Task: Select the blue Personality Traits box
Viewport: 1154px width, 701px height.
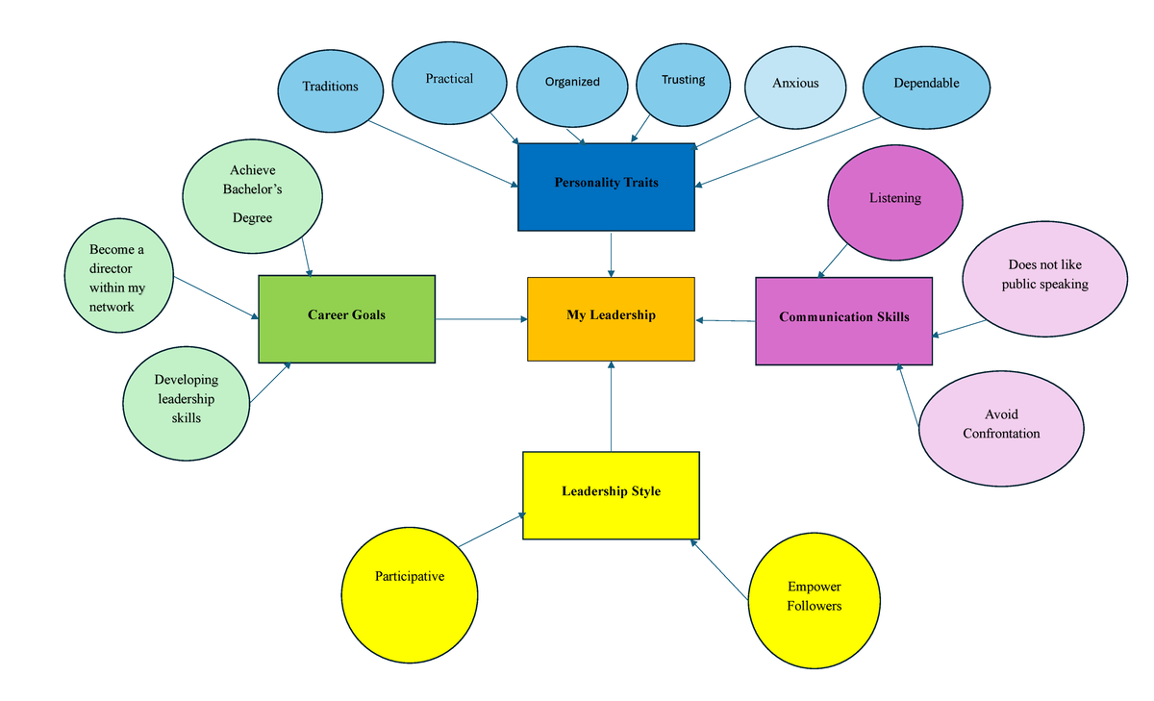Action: click(x=606, y=187)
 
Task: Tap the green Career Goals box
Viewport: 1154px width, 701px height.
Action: click(x=346, y=318)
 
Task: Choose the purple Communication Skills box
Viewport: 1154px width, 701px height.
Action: click(x=843, y=321)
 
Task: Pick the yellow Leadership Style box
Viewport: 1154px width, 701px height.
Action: click(x=611, y=495)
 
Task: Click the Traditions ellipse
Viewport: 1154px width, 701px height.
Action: click(x=331, y=88)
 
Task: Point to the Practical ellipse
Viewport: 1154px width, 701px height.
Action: click(x=449, y=81)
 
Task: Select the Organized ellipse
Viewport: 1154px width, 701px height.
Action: click(x=572, y=85)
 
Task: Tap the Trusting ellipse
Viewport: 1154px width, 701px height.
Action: click(x=683, y=83)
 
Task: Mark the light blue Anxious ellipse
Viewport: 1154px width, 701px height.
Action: click(x=795, y=86)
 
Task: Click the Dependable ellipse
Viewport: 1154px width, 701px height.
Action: click(x=926, y=87)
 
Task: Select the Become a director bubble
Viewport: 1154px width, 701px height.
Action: click(x=118, y=280)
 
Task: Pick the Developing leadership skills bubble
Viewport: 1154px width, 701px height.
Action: click(x=187, y=401)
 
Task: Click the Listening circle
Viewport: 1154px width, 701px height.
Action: click(x=895, y=205)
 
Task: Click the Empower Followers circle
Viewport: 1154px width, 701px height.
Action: click(x=815, y=599)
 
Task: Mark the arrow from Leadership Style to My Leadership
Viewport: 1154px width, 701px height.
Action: click(x=611, y=409)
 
